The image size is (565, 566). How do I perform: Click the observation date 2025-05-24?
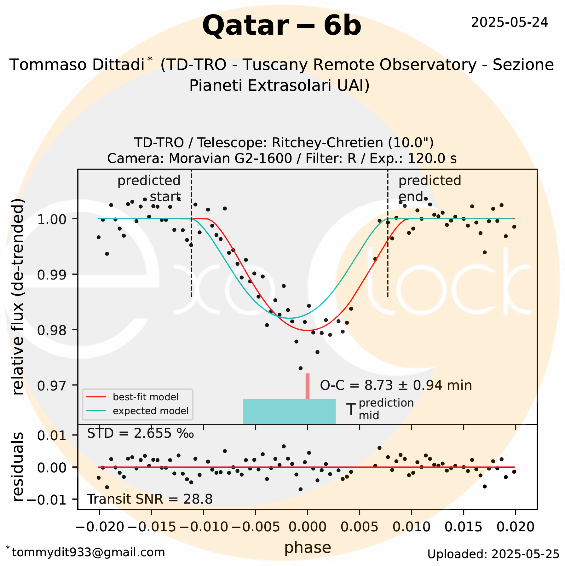(x=509, y=22)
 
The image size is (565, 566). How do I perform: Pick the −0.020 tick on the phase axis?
(x=100, y=527)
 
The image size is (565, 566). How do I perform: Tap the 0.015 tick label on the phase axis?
(x=463, y=527)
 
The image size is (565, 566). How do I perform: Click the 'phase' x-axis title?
(x=308, y=547)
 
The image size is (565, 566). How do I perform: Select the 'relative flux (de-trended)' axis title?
(x=18, y=297)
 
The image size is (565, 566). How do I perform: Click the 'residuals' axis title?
(x=18, y=467)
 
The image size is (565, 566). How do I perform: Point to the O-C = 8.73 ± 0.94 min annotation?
(x=396, y=385)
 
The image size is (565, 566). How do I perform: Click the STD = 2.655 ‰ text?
(x=140, y=434)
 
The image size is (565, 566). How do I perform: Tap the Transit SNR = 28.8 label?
(x=150, y=499)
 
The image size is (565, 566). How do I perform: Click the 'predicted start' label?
(x=149, y=188)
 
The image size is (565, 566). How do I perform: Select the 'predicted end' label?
(x=430, y=188)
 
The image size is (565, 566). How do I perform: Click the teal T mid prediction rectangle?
(x=289, y=411)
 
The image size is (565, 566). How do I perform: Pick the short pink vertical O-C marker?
(x=308, y=386)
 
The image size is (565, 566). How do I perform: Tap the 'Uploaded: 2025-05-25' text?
(x=493, y=554)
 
